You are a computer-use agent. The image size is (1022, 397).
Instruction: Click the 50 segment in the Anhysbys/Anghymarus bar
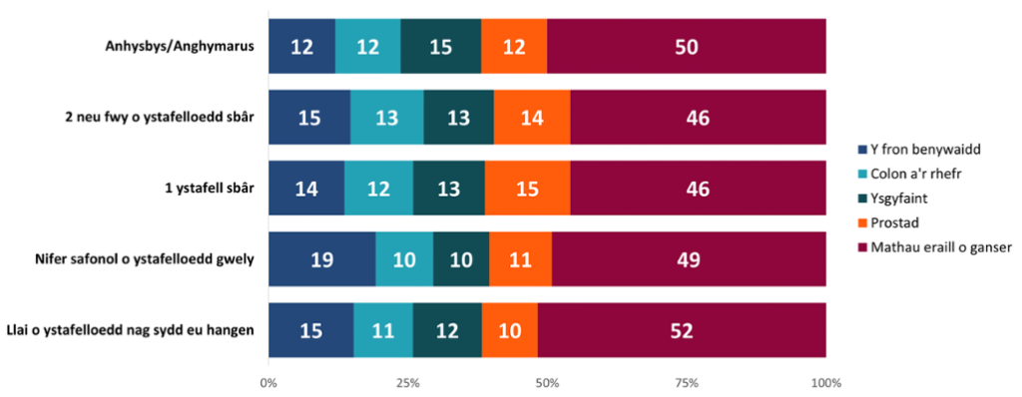coord(687,46)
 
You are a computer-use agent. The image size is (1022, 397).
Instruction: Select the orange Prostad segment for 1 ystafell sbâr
coord(527,189)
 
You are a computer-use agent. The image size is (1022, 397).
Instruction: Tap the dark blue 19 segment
coord(322,260)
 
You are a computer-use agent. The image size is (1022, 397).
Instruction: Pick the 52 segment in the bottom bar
coord(683,331)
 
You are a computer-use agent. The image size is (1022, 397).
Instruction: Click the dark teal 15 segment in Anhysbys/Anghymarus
coord(441,46)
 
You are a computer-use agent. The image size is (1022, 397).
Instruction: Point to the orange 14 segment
coord(532,118)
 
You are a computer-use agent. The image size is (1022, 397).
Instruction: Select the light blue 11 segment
coord(383,331)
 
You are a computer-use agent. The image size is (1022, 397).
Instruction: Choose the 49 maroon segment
coord(689,260)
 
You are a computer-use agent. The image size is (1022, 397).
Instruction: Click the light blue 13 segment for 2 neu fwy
coord(387,118)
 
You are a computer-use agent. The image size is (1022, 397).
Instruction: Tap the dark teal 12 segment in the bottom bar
coord(447,331)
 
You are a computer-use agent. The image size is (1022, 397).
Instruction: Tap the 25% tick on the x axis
coord(407,383)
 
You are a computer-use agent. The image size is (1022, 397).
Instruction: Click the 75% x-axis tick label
coord(687,383)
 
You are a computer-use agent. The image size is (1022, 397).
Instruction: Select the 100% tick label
coord(826,383)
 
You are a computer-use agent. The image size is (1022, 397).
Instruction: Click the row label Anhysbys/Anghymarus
coord(180,46)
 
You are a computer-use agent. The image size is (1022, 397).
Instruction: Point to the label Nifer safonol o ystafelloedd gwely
coord(144,260)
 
